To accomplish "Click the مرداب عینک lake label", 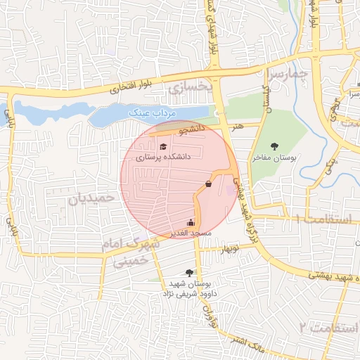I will pyautogui.click(x=155, y=113).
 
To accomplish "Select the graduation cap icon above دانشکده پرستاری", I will pyautogui.click(x=163, y=146).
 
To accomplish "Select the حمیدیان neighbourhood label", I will pyautogui.click(x=91, y=199).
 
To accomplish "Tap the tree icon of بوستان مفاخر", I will pyautogui.click(x=274, y=146).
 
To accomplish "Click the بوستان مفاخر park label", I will pyautogui.click(x=276, y=159).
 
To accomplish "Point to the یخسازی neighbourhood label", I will pyautogui.click(x=190, y=87).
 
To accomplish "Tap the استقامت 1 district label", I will pyautogui.click(x=324, y=219).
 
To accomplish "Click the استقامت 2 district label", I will pyautogui.click(x=323, y=328).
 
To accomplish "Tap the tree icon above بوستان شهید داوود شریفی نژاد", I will pyautogui.click(x=189, y=272).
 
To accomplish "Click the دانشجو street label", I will pyautogui.click(x=191, y=129).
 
